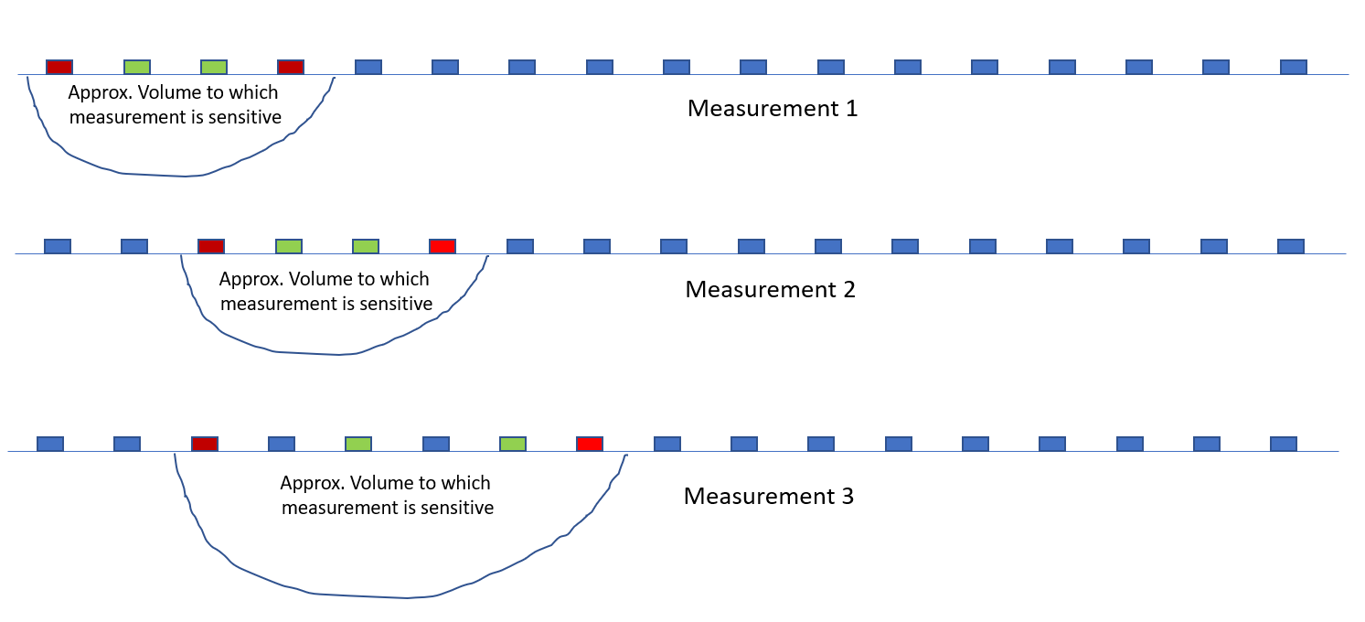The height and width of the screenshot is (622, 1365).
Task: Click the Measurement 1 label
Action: pyautogui.click(x=773, y=109)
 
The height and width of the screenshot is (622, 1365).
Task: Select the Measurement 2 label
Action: pyautogui.click(x=770, y=290)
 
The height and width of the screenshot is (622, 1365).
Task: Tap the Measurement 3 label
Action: pyautogui.click(x=769, y=497)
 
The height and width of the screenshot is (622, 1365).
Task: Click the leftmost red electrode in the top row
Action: pyautogui.click(x=59, y=67)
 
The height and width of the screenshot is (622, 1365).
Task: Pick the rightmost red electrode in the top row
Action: pyautogui.click(x=291, y=67)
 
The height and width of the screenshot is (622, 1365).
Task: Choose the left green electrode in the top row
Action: pyautogui.click(x=137, y=67)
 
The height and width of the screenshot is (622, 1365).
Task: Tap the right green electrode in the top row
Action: pyautogui.click(x=214, y=67)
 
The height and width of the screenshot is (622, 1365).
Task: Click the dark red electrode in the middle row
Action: pyautogui.click(x=211, y=246)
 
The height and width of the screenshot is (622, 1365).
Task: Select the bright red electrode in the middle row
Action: pyautogui.click(x=443, y=246)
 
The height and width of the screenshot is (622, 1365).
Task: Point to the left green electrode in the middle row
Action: pyautogui.click(x=289, y=246)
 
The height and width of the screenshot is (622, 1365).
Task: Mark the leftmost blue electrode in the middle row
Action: pyautogui.click(x=58, y=246)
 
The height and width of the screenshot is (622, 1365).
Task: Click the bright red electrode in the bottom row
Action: pyautogui.click(x=590, y=444)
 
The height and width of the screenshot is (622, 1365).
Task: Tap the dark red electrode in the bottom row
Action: pyautogui.click(x=205, y=444)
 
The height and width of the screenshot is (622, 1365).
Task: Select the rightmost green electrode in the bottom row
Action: pyautogui.click(x=513, y=444)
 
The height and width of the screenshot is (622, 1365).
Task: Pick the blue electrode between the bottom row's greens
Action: pyautogui.click(x=436, y=444)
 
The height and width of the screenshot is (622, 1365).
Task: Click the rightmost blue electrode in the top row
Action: pyautogui.click(x=1294, y=67)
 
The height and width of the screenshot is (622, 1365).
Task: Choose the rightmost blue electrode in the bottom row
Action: pyautogui.click(x=1284, y=444)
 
